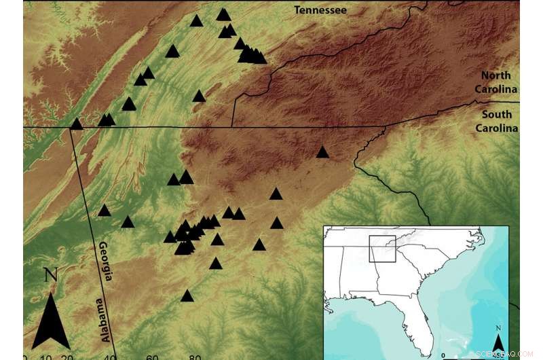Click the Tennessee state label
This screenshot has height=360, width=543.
pos(320,10)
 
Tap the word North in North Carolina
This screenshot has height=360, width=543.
pos(496,75)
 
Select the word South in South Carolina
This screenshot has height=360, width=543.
pos(496,114)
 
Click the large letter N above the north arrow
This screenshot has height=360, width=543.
pos(50,276)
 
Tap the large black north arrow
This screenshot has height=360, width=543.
pos(50,319)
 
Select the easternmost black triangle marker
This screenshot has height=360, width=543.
pos(322,152)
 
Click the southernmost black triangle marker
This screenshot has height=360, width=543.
pos(187,295)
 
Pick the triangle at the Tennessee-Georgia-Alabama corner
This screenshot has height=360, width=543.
pos(76,124)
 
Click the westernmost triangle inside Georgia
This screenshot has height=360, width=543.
pos(104,211)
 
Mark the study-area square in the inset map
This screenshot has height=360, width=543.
pos(382,249)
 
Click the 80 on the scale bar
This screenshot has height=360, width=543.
pos(195,357)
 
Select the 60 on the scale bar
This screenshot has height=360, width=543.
pos(153,357)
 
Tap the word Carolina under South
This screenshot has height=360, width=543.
pos(496,128)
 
